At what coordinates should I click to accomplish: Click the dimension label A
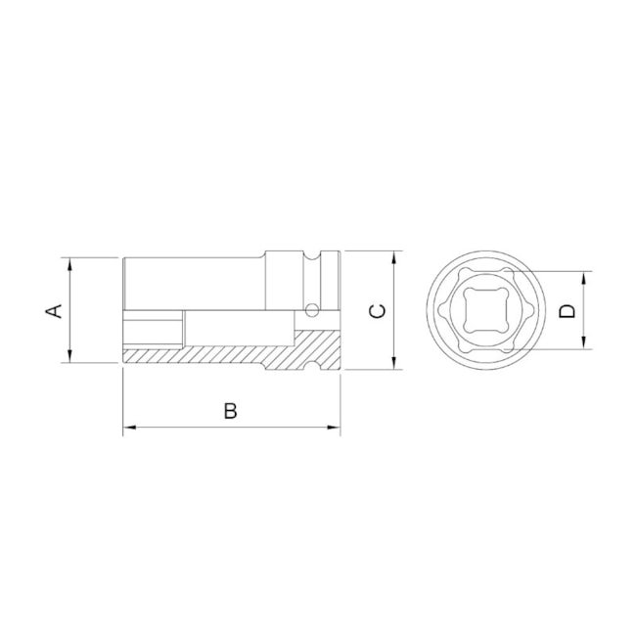pyautogui.click(x=56, y=310)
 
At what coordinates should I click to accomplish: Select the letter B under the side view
pyautogui.click(x=230, y=411)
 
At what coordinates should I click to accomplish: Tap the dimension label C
pyautogui.click(x=378, y=310)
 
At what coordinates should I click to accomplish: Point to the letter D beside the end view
pyautogui.click(x=567, y=310)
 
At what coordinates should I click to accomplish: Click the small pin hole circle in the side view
pyautogui.click(x=310, y=311)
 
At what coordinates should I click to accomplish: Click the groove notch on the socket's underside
pyautogui.click(x=314, y=366)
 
